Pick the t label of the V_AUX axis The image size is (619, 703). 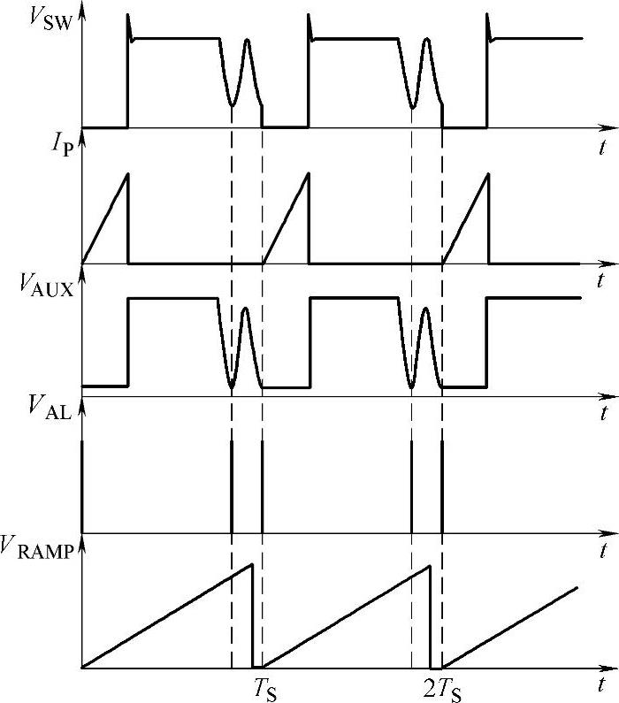601,414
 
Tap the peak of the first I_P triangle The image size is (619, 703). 128,172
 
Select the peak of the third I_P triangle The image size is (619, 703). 488,172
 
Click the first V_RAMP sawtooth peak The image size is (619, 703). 252,565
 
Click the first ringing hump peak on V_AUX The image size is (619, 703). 245,309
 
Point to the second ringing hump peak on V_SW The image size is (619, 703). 426,40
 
